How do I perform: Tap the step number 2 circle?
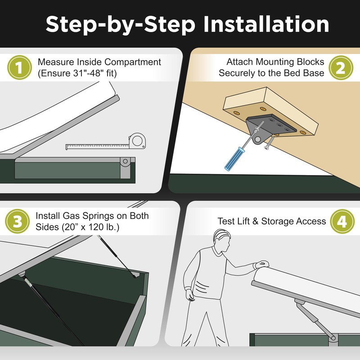pos(341,68)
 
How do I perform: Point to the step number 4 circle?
pos(341,221)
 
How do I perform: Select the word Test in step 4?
pos(226,221)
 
